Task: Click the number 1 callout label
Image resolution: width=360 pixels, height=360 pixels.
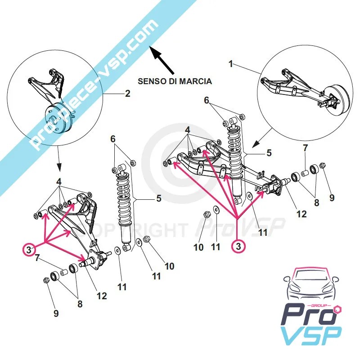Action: [x=231, y=64]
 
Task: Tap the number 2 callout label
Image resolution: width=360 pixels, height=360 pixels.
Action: [x=127, y=94]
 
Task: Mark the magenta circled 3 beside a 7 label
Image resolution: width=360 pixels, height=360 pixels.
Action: [x=29, y=249]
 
